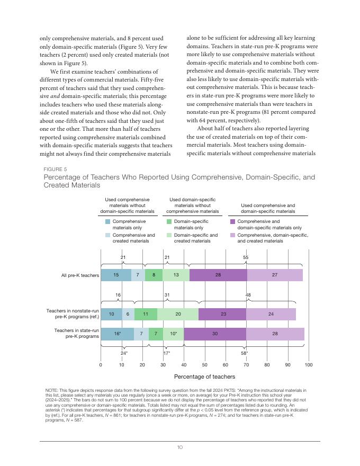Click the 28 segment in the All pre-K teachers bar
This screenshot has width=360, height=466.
(x=218, y=275)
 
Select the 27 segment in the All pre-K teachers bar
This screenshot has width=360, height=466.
(x=275, y=275)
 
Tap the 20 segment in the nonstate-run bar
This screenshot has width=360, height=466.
(x=178, y=314)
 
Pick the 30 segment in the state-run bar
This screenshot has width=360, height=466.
(x=215, y=334)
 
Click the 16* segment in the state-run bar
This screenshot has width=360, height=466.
(x=117, y=334)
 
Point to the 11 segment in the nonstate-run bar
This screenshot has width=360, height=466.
(x=146, y=314)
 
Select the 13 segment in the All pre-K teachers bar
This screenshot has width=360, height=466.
(x=176, y=275)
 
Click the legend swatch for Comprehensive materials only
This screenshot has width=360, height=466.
(x=108, y=222)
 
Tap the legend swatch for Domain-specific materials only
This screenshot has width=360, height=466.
(x=169, y=222)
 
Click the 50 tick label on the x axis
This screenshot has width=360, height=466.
(x=205, y=365)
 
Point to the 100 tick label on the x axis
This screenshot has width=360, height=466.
(x=309, y=365)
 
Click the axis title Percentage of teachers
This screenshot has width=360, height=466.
(x=204, y=377)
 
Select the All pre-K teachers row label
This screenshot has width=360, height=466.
(x=80, y=275)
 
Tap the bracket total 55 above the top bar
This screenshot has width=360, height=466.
(x=246, y=257)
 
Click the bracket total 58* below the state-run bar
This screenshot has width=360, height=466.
(x=245, y=353)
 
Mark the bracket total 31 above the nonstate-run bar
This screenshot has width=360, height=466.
(x=167, y=295)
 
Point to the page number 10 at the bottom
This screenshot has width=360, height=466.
(x=180, y=447)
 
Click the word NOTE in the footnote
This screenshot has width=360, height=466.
(x=52, y=390)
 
